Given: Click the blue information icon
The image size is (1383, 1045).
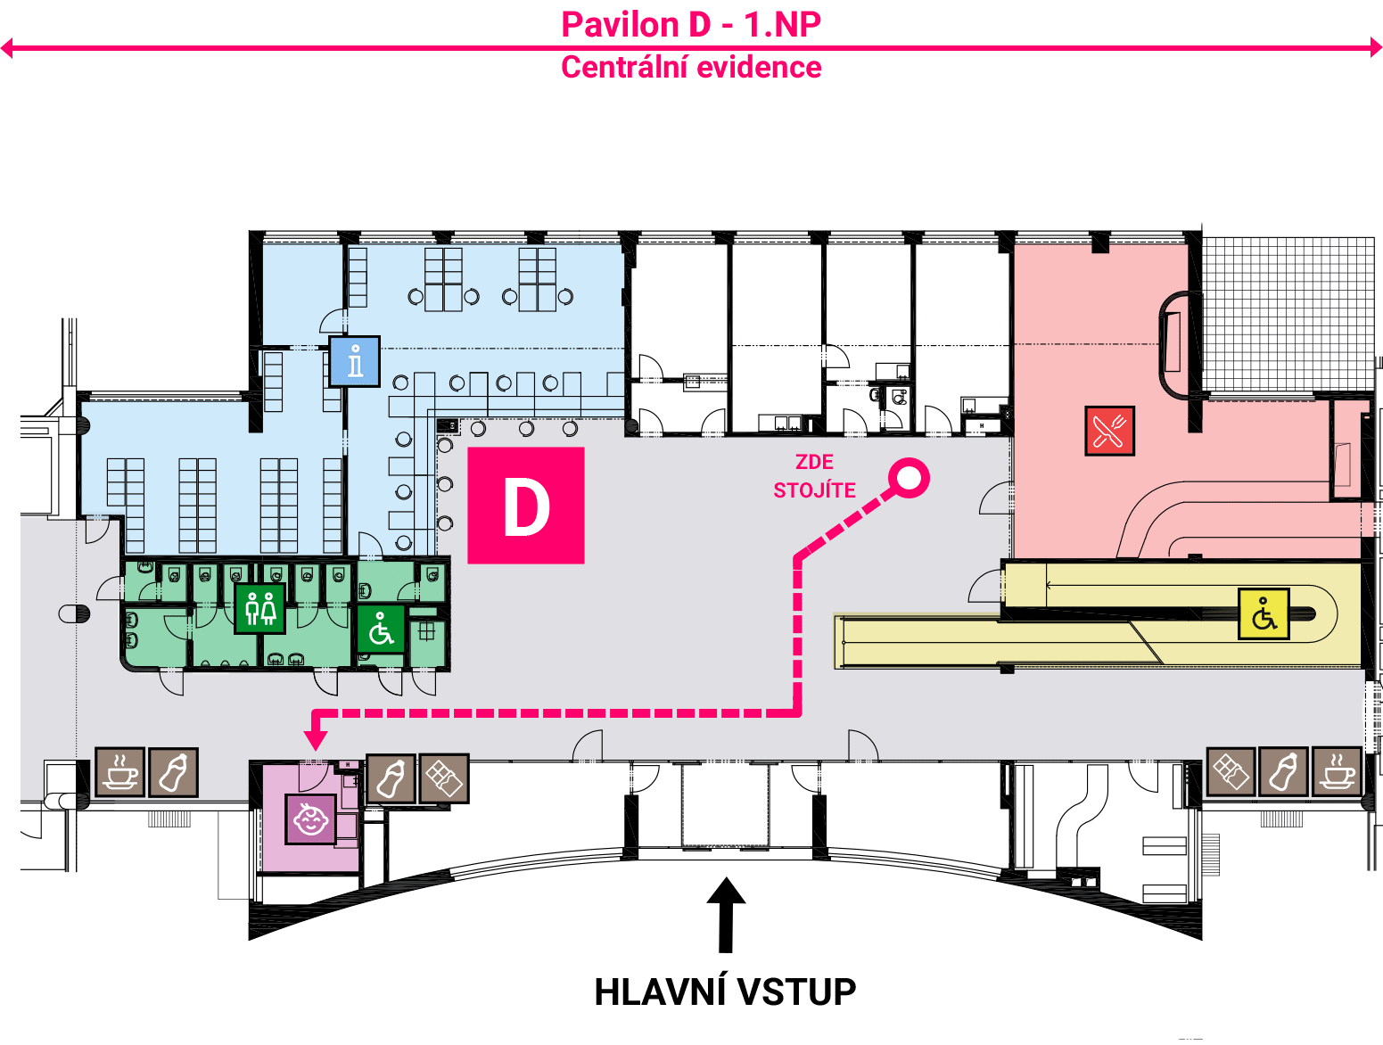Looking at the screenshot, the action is (x=355, y=361).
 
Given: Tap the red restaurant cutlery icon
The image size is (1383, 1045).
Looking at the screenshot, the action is (x=1109, y=431).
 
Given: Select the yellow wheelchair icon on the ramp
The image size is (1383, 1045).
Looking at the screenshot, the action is (x=1264, y=613).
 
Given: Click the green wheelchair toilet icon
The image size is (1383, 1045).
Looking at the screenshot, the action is (x=381, y=629).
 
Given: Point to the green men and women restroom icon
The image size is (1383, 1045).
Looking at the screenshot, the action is (x=259, y=608).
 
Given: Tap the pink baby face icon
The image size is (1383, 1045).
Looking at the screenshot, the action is (x=310, y=819).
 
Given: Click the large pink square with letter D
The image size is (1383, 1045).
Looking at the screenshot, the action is (x=526, y=506).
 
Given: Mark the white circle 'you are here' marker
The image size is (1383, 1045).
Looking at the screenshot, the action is (x=909, y=478).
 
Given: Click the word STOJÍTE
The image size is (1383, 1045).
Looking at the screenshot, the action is (x=814, y=490).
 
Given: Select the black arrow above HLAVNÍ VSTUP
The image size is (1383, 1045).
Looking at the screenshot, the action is (x=726, y=915).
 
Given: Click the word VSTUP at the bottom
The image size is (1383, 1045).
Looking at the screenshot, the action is (x=796, y=992).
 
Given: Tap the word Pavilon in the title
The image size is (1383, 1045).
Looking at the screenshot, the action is (x=620, y=25).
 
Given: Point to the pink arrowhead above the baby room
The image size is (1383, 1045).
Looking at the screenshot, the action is (x=315, y=740).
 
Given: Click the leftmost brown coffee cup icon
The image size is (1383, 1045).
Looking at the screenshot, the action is (x=120, y=772).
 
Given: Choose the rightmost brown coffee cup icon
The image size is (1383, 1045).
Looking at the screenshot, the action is (x=1337, y=771).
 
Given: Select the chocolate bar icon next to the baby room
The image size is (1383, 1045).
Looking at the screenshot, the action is (x=444, y=778).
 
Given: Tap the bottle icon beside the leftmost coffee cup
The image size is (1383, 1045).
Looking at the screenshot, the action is (x=173, y=772).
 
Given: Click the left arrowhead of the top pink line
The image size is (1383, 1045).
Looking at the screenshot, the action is (x=7, y=47).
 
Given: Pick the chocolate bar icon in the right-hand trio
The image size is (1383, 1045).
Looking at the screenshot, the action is (x=1231, y=771).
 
